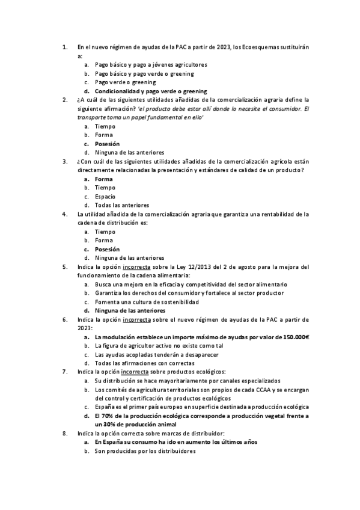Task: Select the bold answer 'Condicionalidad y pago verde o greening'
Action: click(x=151, y=91)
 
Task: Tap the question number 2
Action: click(x=65, y=100)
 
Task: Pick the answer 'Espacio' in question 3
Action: click(x=105, y=196)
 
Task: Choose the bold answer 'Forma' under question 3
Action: click(x=104, y=179)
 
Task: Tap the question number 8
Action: click(x=65, y=433)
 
